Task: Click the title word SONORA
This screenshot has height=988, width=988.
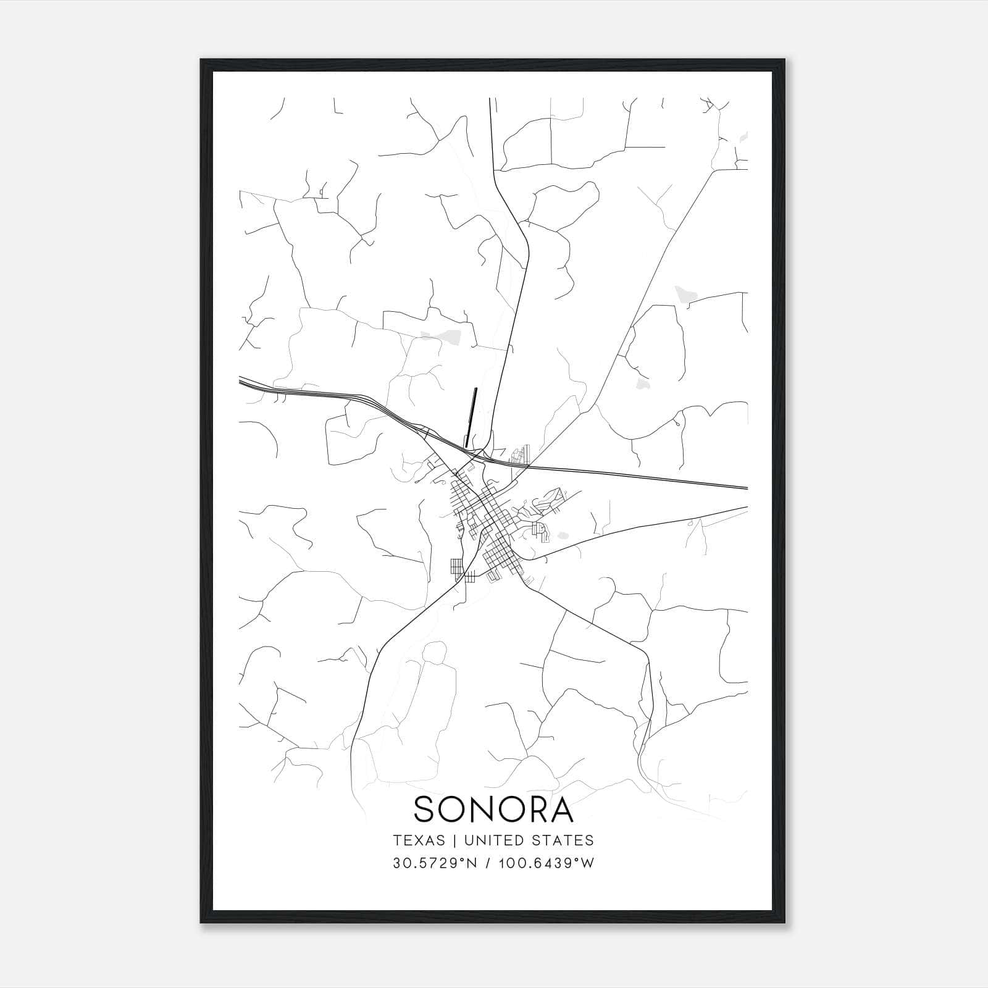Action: pos(493,810)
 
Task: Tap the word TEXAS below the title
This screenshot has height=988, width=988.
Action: pos(419,840)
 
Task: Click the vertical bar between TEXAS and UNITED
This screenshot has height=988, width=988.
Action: pos(454,840)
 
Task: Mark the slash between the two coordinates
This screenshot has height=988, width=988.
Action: pos(489,863)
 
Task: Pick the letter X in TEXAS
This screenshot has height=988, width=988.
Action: pos(418,840)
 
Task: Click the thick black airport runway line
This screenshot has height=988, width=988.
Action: pos(471,417)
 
